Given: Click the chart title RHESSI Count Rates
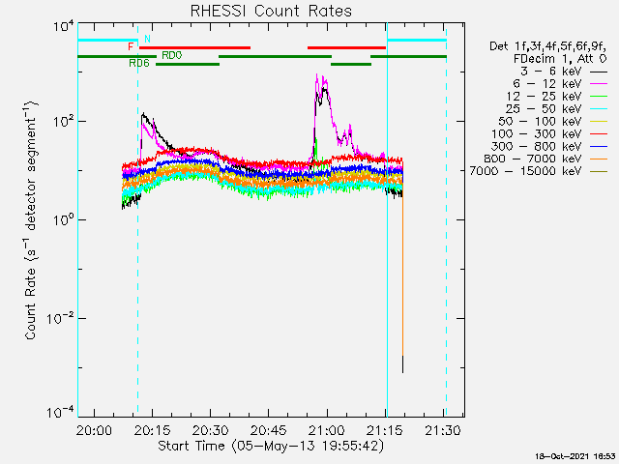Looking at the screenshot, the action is [x=271, y=11].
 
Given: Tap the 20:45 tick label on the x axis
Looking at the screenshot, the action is [x=269, y=430].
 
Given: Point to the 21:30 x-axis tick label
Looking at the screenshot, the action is [x=443, y=430].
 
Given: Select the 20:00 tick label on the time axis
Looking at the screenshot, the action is [x=94, y=430].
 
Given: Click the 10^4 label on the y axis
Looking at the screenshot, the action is [x=63, y=27].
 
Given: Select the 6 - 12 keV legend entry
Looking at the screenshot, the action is [x=560, y=84].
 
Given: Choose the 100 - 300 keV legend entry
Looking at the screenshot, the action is [x=549, y=133].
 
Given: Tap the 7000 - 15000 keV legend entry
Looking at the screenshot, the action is [x=538, y=171].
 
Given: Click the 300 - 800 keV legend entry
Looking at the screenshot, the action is [x=549, y=146].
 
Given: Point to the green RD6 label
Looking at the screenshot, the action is [x=139, y=63].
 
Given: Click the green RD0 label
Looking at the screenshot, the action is [x=172, y=55].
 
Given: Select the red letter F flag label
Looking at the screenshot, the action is [x=131, y=47].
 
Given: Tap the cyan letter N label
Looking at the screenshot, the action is [x=147, y=39].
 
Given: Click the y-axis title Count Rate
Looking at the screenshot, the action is [x=31, y=220].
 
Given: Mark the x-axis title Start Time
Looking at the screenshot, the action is [x=271, y=447].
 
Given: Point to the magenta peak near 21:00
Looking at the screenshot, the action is [x=316, y=74].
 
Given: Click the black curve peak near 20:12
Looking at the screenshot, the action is [x=143, y=113].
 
